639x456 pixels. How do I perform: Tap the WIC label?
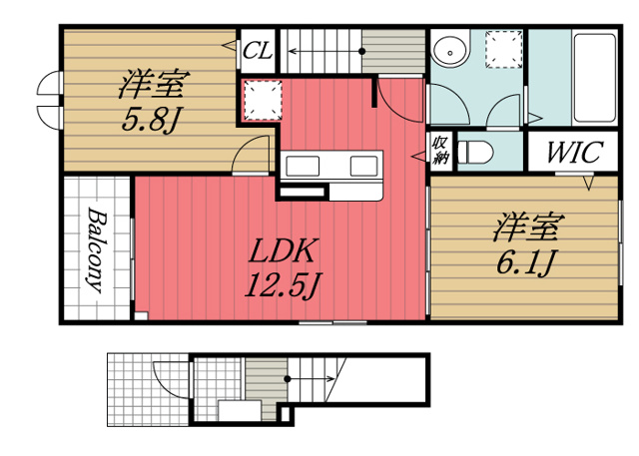point(572,154)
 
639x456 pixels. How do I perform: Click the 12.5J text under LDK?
point(283,287)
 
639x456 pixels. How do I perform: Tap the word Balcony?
point(96,250)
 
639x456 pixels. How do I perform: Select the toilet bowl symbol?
point(477,152)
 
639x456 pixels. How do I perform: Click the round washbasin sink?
point(450,50)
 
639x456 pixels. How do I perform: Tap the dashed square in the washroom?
point(504,49)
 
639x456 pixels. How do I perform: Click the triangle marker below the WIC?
point(589,183)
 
